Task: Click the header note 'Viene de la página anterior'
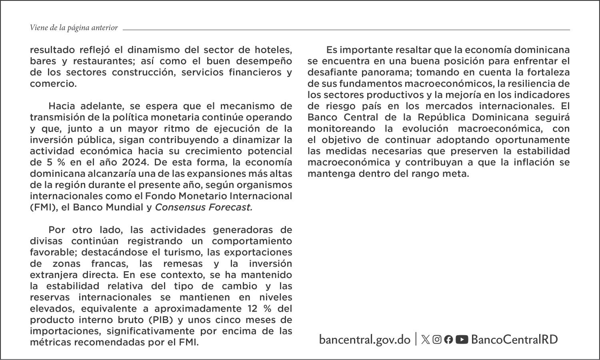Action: click(x=74, y=28)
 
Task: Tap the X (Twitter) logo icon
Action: click(x=426, y=340)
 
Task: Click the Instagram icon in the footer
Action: click(x=437, y=340)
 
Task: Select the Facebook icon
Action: click(x=448, y=340)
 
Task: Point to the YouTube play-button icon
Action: click(x=462, y=340)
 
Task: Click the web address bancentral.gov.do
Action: click(x=364, y=340)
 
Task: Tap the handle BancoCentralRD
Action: click(x=514, y=340)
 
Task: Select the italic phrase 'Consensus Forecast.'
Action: click(x=204, y=207)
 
